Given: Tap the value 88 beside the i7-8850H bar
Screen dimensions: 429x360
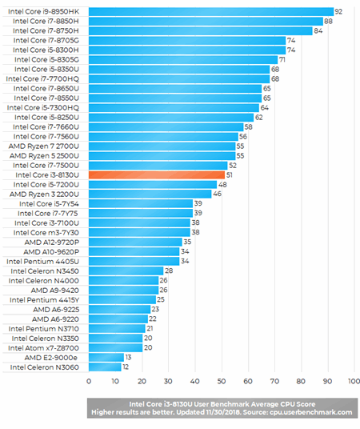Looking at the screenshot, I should (328, 21).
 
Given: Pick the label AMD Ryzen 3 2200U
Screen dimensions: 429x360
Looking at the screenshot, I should (44, 194).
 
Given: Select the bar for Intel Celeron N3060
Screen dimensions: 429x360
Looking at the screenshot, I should (104, 367).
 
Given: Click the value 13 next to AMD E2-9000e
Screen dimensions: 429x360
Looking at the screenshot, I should (129, 357).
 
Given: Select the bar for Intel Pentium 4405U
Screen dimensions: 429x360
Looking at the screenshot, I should (133, 261).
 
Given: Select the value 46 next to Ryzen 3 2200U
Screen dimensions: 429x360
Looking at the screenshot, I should (218, 194).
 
